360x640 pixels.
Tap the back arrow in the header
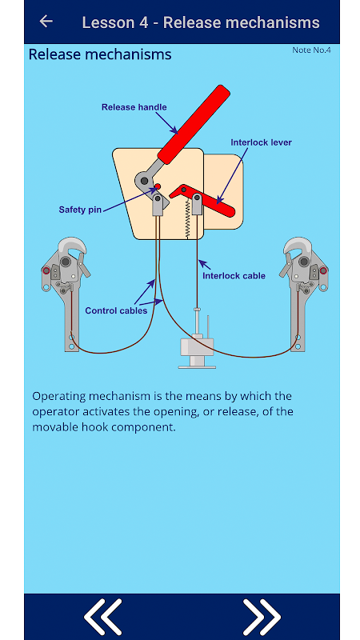point(46,22)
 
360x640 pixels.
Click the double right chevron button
point(262,617)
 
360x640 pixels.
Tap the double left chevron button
point(102,617)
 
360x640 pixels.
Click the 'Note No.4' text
point(311,50)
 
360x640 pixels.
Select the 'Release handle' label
point(134,107)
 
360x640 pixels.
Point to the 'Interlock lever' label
point(262,142)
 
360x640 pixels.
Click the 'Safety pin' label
point(79,210)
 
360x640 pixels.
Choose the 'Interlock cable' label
point(234,276)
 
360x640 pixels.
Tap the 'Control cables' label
point(116,310)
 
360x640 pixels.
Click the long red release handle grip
point(194,125)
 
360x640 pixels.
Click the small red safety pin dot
point(158,186)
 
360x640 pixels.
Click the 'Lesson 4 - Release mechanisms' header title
point(201,22)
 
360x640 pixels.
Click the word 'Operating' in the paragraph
point(59,397)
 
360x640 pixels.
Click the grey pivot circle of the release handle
point(144,180)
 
